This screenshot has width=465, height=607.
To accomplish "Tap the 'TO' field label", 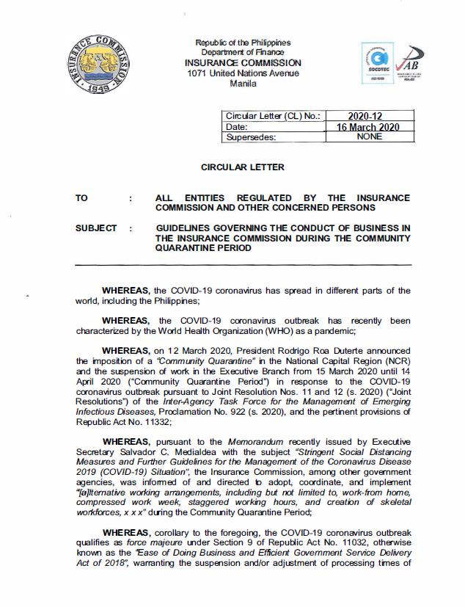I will [x=81, y=199].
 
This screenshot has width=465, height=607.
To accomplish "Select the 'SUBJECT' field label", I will [x=96, y=229].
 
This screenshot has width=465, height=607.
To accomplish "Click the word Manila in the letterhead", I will [x=243, y=84].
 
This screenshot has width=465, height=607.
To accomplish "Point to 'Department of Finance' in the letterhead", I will [x=243, y=53].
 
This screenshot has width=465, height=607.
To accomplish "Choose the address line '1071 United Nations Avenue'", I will [x=243, y=73].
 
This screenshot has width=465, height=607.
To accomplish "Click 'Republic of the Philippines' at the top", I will [x=243, y=43].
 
